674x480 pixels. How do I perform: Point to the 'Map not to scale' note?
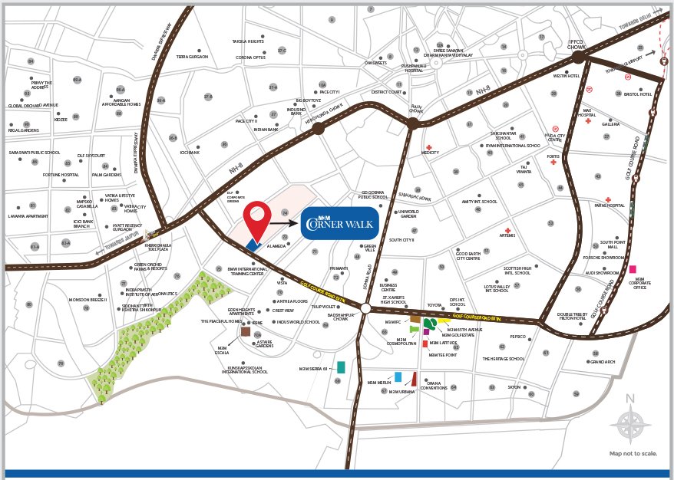click(x=633, y=454)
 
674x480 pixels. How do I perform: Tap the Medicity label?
click(x=429, y=153)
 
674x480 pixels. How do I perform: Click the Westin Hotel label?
click(x=565, y=77)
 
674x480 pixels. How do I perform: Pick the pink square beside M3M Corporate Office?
click(x=633, y=269)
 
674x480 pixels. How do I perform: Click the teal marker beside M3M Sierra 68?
click(x=341, y=367)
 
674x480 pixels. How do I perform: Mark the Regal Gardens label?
click(x=24, y=131)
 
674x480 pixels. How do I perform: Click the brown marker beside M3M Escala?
click(x=246, y=331)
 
